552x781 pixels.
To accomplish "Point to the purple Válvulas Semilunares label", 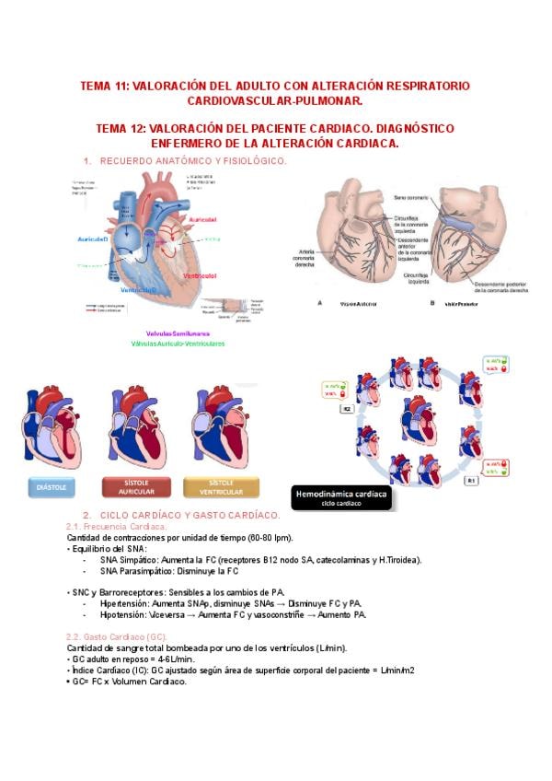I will pos(178,333).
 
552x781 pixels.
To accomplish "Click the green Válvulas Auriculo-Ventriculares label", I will pos(178,344).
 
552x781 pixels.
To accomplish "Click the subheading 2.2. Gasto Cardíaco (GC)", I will pos(117,636).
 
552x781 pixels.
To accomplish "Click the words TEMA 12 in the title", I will pos(120,129).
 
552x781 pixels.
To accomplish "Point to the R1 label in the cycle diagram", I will pos(471,480).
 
